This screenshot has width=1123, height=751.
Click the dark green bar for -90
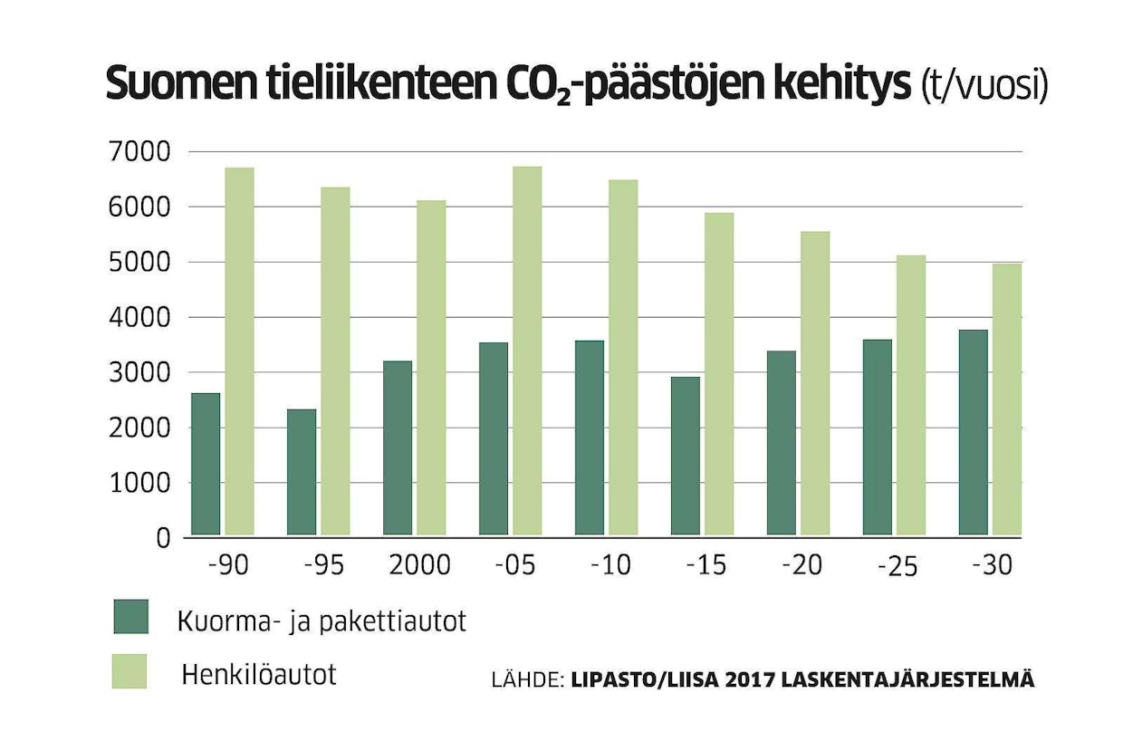(206, 464)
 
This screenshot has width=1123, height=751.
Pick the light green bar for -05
(527, 351)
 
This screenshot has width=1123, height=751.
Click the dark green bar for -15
(686, 456)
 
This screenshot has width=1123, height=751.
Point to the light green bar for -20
(815, 383)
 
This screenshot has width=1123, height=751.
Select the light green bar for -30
(1007, 400)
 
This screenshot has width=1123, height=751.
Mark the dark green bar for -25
(878, 438)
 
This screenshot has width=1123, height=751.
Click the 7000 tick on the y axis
(138, 153)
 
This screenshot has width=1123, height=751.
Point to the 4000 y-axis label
(138, 318)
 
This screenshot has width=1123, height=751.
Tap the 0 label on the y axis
(163, 539)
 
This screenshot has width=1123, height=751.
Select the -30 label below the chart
(992, 565)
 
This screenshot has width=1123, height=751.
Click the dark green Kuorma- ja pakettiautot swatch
(130, 617)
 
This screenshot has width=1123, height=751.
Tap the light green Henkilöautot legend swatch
(130, 671)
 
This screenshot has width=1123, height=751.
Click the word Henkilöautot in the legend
(259, 675)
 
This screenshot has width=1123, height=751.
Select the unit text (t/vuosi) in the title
(984, 86)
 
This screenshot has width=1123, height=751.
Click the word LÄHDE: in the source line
(528, 679)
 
